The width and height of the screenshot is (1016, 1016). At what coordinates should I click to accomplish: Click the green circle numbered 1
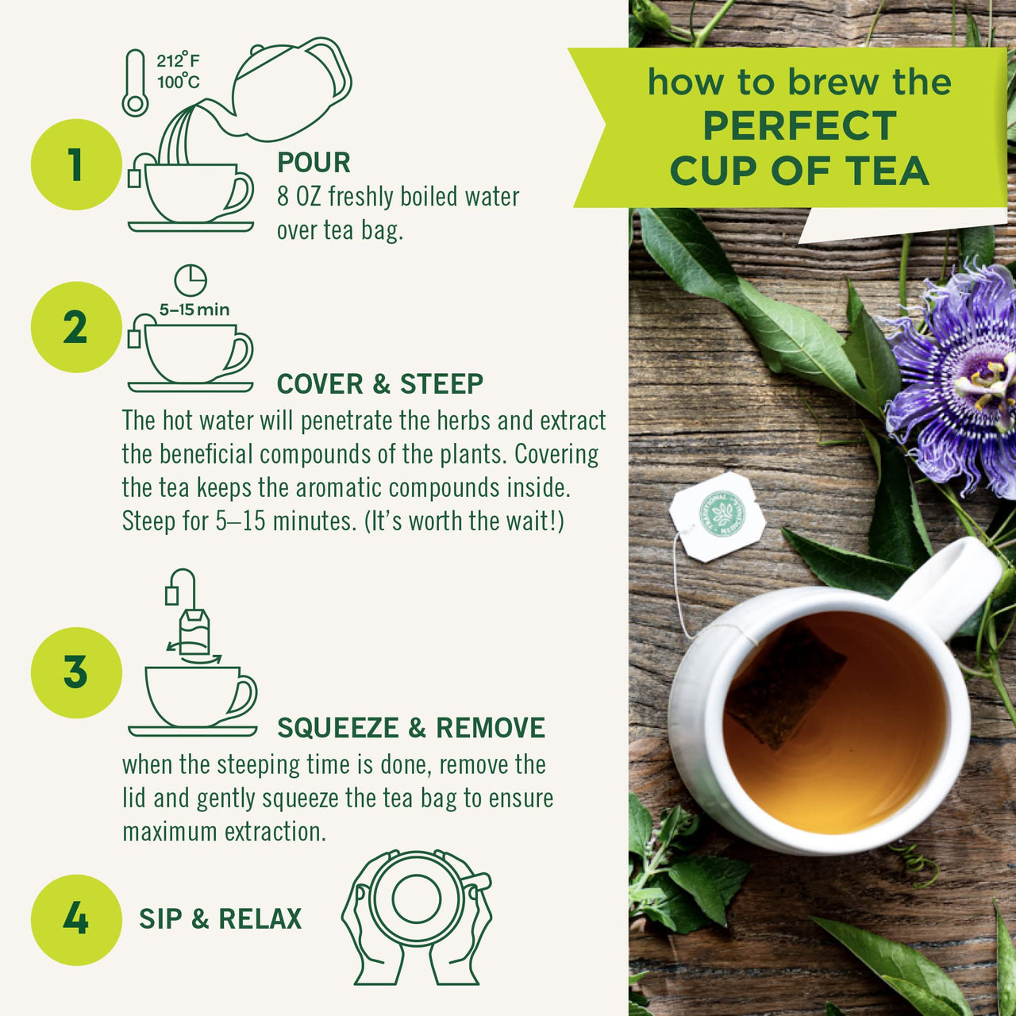[x=76, y=164]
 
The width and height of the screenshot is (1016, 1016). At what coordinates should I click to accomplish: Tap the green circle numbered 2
[x=76, y=327]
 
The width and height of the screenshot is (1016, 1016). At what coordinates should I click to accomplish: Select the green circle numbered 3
[x=76, y=672]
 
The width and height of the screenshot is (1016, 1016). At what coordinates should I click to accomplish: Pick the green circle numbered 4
[x=76, y=919]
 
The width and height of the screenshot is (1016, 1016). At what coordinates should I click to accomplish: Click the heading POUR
[x=314, y=163]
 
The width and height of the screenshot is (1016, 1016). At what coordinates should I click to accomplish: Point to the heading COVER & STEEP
[x=379, y=384]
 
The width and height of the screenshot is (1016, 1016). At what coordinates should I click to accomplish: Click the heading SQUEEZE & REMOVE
[x=410, y=728]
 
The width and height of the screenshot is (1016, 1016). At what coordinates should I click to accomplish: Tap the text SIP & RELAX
[x=220, y=919]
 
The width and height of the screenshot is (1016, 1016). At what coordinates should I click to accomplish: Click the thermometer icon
[x=135, y=83]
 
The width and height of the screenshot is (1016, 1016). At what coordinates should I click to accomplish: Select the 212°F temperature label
[x=178, y=61]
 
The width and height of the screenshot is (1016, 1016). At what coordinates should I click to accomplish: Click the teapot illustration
[x=290, y=87]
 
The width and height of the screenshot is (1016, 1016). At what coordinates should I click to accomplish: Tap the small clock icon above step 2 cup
[x=190, y=280]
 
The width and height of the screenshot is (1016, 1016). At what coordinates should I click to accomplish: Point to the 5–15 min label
[x=194, y=310]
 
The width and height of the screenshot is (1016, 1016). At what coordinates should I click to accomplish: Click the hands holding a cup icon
[x=417, y=917]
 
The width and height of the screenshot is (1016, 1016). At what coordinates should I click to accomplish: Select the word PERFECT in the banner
[x=799, y=126]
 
